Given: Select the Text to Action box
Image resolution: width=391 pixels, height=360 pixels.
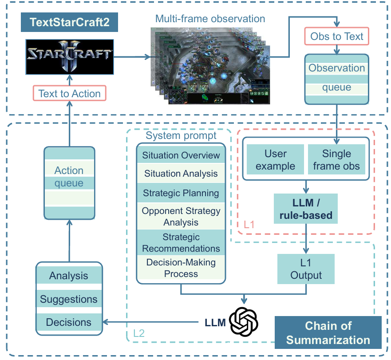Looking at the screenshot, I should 69,94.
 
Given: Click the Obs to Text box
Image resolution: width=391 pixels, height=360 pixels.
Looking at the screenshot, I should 337,36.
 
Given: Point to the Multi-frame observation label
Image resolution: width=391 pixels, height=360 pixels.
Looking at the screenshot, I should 210,19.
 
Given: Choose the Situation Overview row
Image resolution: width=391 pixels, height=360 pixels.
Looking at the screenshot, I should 181,155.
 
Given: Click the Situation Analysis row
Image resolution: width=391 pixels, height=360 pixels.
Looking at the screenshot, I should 181,174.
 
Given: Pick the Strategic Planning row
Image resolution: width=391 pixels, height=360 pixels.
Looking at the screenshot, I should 181,193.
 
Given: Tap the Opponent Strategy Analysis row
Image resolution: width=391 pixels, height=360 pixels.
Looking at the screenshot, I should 181,216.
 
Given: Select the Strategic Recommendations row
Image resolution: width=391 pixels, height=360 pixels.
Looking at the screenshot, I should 181,242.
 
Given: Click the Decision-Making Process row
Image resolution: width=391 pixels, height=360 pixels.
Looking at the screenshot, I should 181,268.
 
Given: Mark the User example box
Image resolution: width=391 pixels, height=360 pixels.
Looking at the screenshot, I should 276,160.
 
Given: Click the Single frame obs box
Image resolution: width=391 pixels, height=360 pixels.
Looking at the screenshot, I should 336,160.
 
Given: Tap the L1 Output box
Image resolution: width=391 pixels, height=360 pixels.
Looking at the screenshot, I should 306,269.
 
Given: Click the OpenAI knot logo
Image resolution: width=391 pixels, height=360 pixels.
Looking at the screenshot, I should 243,320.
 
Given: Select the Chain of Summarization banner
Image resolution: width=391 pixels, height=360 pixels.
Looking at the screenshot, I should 328,333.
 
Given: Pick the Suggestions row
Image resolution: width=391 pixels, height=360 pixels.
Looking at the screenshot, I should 69,299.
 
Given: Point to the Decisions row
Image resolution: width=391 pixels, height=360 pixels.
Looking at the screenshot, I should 69,322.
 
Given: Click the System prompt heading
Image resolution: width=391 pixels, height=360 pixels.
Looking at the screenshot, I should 181,136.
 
